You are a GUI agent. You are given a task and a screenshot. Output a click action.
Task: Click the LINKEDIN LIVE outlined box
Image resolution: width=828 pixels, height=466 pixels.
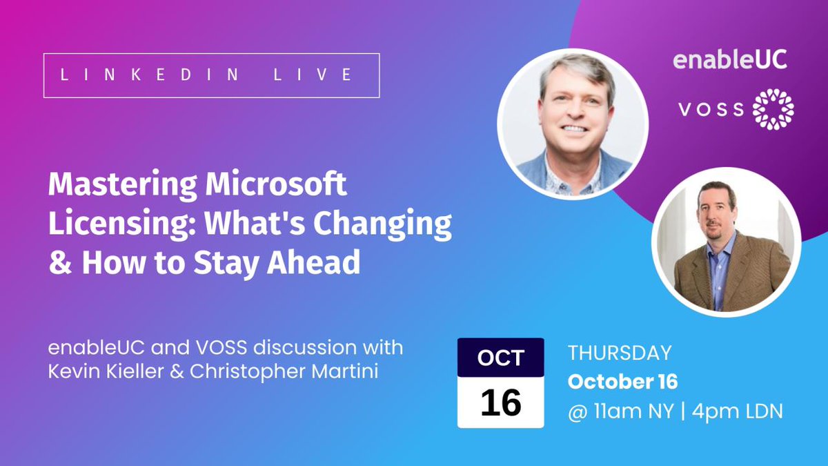211,75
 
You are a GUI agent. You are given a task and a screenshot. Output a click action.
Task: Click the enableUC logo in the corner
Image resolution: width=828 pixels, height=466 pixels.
729,60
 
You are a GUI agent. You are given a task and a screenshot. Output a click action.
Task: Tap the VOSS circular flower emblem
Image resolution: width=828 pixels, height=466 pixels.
773,109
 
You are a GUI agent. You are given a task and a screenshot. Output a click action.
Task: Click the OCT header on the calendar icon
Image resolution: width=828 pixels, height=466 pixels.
500,358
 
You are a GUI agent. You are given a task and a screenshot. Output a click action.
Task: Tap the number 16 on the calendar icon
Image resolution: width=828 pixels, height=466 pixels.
500,402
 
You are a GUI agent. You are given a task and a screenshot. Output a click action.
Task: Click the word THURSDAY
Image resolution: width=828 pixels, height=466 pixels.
619,353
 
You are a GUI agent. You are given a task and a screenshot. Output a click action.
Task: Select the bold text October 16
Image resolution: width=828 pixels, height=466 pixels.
622,382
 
